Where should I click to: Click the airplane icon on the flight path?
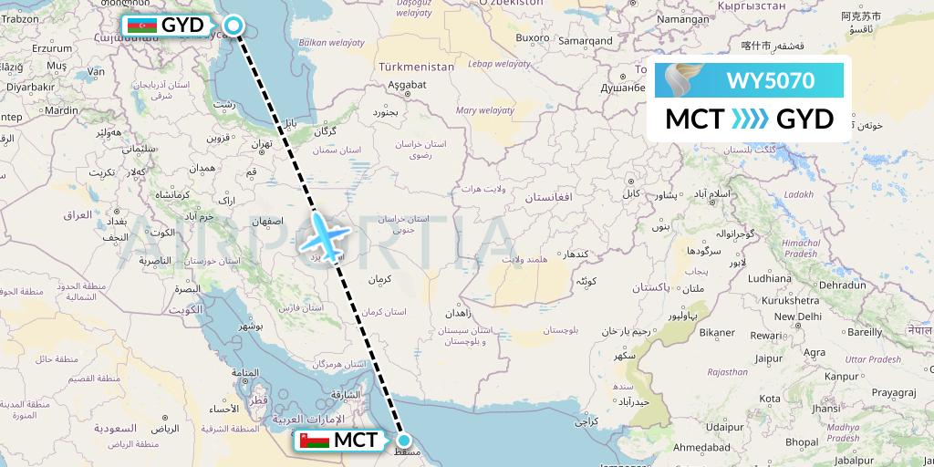tap(323, 235)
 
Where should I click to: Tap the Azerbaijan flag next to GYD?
tap(141, 25)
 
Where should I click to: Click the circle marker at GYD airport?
tap(233, 26)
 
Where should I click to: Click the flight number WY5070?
tap(770, 81)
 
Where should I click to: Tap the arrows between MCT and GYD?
tap(751, 119)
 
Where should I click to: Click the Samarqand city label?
tap(586, 41)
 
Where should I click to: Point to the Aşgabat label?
tap(407, 84)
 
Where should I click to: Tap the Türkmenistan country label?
tap(416, 67)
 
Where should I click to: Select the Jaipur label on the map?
tap(769, 358)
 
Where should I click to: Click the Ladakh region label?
tap(798, 194)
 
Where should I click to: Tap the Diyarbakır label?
tap(31, 87)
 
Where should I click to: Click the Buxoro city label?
tap(533, 37)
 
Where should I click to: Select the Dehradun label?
tap(843, 285)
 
